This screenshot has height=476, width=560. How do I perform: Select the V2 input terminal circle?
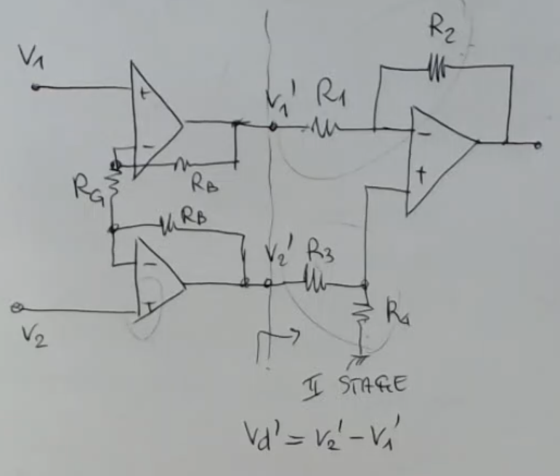click(15, 309)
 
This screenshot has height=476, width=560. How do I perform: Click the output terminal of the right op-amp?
click(537, 145)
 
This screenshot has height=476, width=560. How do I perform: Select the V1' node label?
click(279, 100)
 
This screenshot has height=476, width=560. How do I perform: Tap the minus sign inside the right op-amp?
click(423, 134)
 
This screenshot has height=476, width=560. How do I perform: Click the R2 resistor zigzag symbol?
click(435, 68)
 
